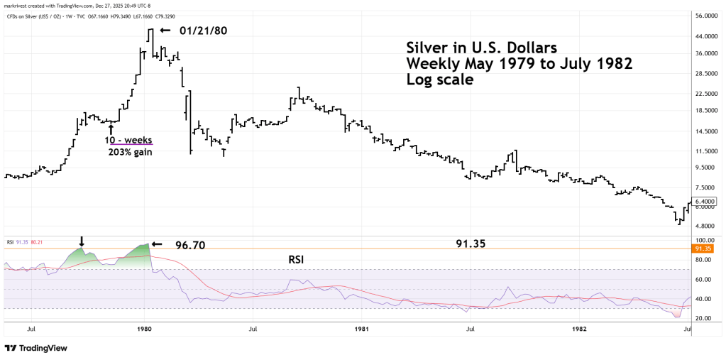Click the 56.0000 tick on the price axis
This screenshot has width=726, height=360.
[706, 16]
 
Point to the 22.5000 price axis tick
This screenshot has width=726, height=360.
[706, 93]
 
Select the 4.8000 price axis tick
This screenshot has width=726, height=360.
[706, 226]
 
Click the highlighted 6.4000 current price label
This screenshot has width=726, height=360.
[706, 201]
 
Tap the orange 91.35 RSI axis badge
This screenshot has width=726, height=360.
[705, 249]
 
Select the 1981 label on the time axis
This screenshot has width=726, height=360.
[362, 329]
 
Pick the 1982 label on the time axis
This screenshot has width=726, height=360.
[580, 329]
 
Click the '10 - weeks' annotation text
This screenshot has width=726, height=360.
[128, 140]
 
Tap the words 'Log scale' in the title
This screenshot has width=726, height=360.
[439, 80]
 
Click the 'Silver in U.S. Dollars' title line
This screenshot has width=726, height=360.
[482, 48]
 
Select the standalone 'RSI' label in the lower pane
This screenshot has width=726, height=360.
[297, 260]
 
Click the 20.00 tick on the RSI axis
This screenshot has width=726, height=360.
[704, 318]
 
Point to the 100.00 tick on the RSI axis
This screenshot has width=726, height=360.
[704, 241]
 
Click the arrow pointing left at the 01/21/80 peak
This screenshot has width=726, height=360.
[165, 31]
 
